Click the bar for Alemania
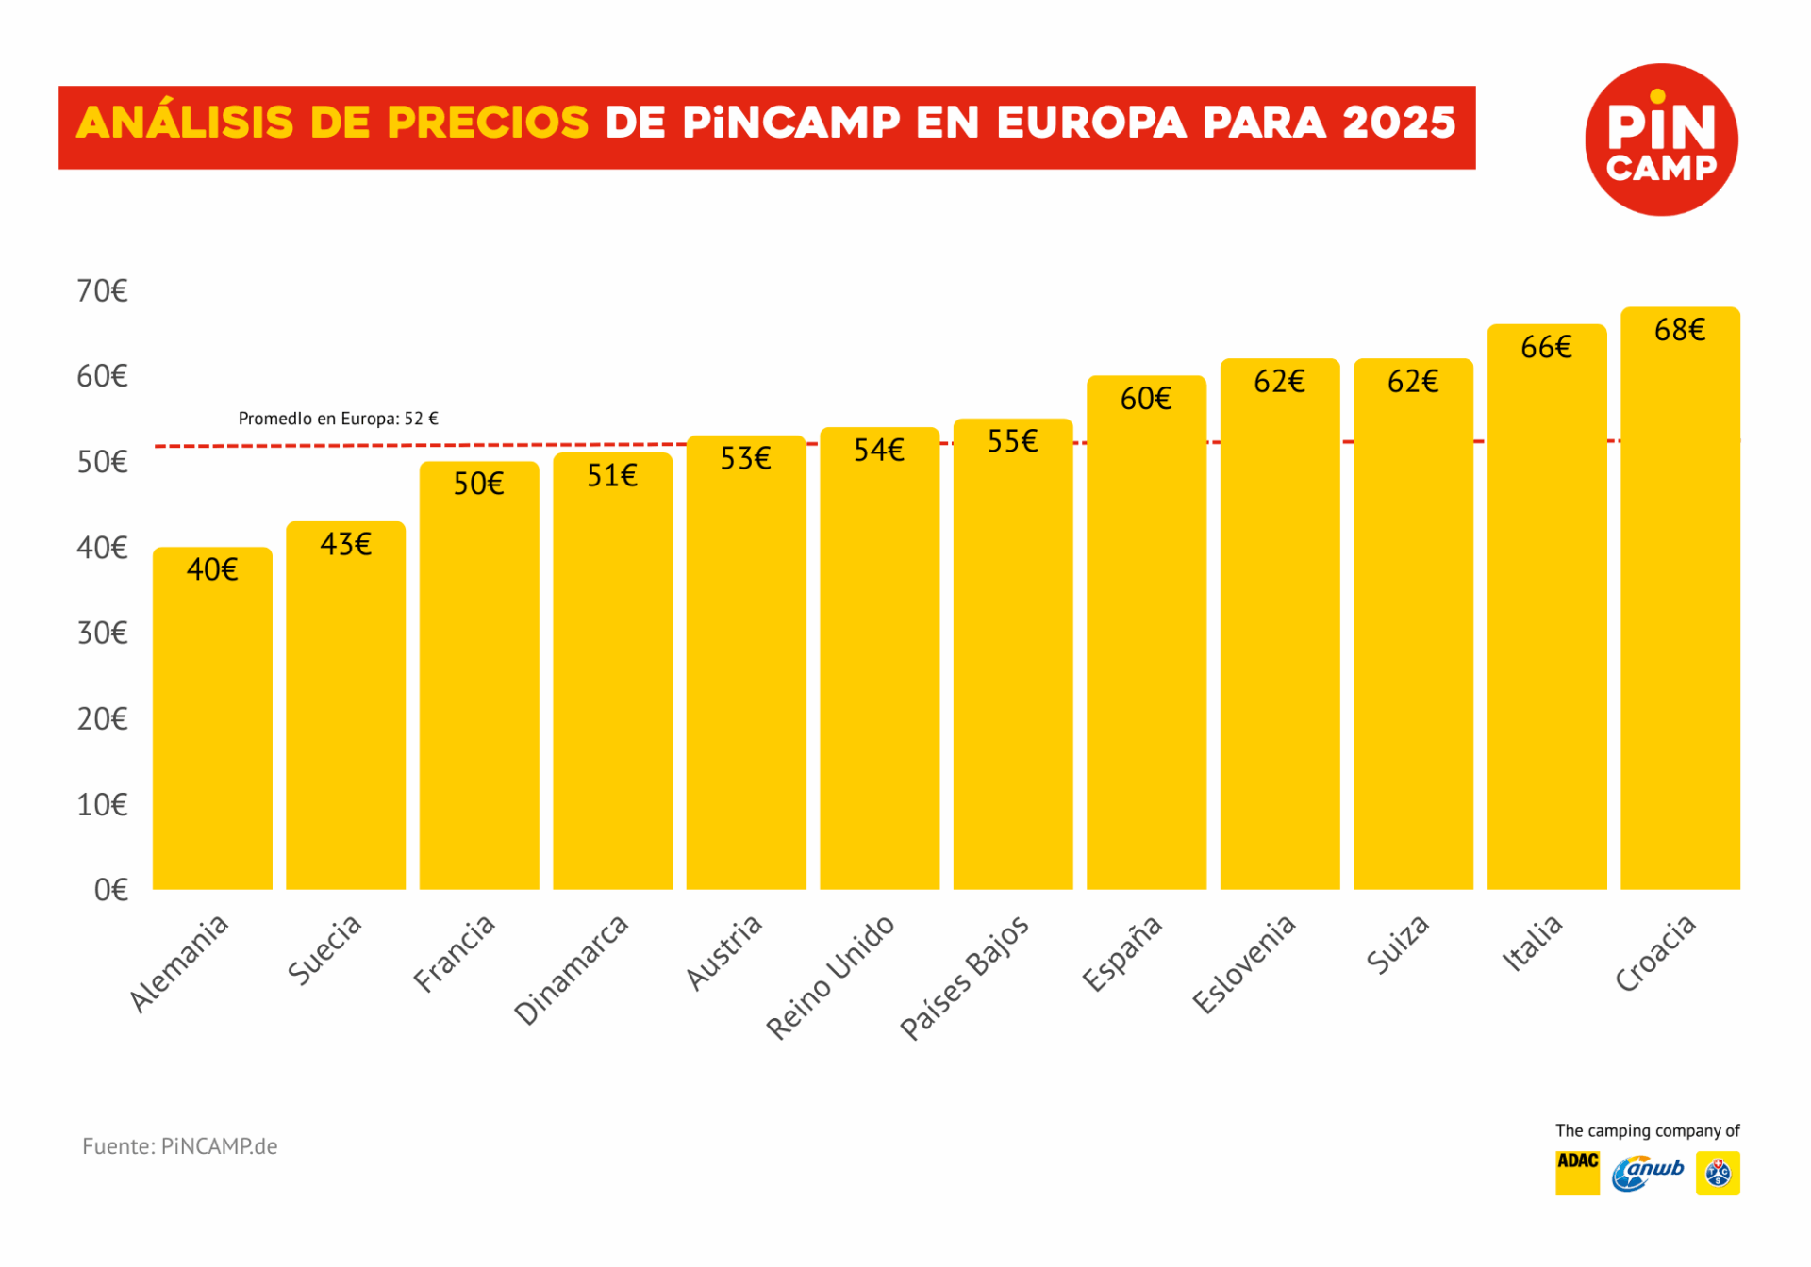point(212,726)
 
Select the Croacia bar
point(1680,613)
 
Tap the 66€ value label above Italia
point(1546,348)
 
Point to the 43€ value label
point(345,545)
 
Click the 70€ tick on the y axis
point(102,291)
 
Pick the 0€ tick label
point(110,890)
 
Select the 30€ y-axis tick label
point(102,633)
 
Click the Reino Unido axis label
point(830,978)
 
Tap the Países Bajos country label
point(964,978)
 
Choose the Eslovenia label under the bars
point(1243,964)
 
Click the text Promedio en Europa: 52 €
point(338,419)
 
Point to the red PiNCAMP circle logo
point(1661,140)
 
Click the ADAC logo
point(1577,1173)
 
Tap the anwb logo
point(1647,1173)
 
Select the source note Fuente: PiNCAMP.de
point(179,1146)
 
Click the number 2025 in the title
point(1399,123)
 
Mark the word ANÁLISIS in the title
point(185,123)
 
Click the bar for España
point(1146,641)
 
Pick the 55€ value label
point(1012,441)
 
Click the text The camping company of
point(1647,1130)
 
